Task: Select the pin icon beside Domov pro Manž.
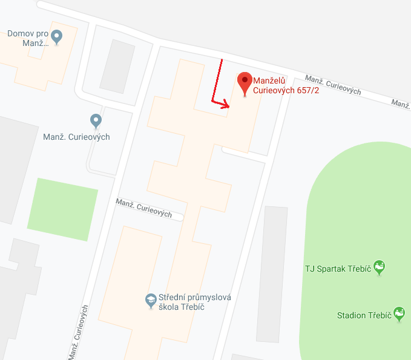pyautogui.click(x=57, y=36)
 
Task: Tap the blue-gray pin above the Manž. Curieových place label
pyautogui.click(x=96, y=121)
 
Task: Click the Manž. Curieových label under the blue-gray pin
pyautogui.click(x=76, y=137)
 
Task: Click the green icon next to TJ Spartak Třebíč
pyautogui.click(x=380, y=267)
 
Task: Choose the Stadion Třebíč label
pyautogui.click(x=364, y=315)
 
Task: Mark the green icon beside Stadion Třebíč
pyautogui.click(x=399, y=313)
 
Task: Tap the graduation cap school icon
pyautogui.click(x=151, y=300)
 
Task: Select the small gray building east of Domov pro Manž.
pyautogui.click(x=117, y=66)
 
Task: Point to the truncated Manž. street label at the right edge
pyautogui.click(x=401, y=103)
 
